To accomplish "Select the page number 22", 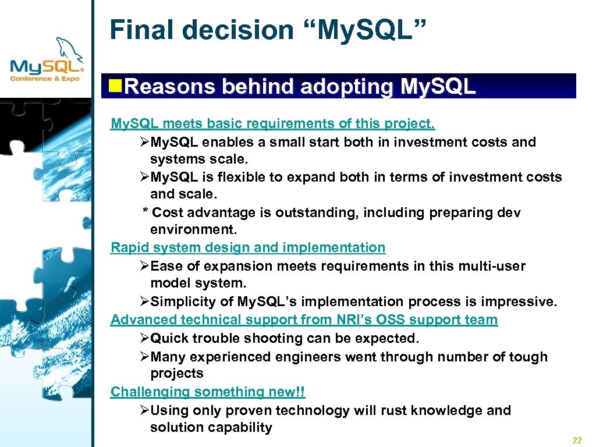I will pos(577,440).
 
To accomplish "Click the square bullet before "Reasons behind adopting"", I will pos(116,87).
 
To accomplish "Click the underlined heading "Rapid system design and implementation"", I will pos(248,247).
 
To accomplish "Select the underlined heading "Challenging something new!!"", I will pos(208,392).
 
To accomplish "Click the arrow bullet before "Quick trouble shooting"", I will pos(146,338).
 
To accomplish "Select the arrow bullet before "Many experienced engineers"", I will pos(146,357).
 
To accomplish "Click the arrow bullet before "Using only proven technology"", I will pos(146,410).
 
